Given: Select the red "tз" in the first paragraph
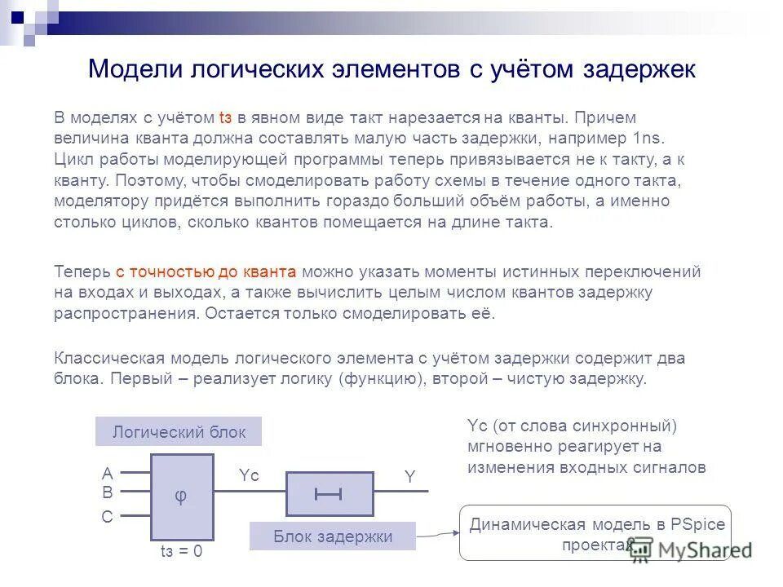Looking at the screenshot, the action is coord(226,117).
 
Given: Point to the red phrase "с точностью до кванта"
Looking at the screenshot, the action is coord(206,272).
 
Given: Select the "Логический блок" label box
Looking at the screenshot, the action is coord(179,432).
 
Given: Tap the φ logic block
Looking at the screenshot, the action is coord(181,497).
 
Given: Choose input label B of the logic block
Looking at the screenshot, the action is coord(107,492).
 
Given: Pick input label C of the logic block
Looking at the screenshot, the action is coord(107,517).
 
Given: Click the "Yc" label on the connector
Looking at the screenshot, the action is coord(249,476).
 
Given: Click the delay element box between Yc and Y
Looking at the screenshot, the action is coord(329,493).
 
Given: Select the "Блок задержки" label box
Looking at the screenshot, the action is coord(332,536).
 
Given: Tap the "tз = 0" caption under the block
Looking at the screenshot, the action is coord(180,552).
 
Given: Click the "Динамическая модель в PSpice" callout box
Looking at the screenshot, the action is coord(596,533).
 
